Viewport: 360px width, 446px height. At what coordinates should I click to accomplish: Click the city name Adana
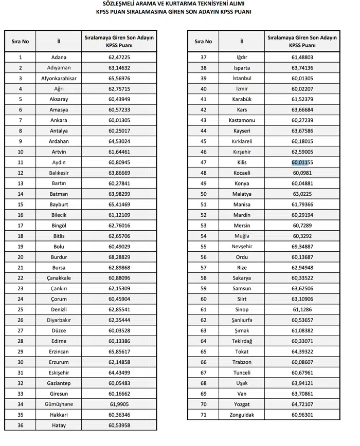[x=59, y=58]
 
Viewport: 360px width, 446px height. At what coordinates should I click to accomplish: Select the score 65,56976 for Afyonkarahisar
[x=119, y=79]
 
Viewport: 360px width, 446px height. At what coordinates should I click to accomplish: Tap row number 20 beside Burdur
[x=20, y=257]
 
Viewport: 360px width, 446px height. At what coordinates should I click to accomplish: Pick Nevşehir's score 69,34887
[x=302, y=247]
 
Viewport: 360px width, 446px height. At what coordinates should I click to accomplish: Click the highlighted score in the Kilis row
[x=302, y=162]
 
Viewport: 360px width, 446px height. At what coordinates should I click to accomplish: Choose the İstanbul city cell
[x=242, y=78]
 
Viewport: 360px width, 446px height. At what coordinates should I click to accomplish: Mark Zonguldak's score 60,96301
[x=302, y=415]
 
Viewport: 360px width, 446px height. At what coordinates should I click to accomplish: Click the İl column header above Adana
[x=59, y=41]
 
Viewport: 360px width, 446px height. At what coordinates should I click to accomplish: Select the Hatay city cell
[x=59, y=425]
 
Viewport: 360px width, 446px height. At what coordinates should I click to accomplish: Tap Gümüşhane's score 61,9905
[x=119, y=404]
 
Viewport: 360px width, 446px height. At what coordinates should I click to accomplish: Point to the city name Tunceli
[x=242, y=373]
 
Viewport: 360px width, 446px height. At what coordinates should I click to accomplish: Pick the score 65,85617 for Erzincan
[x=119, y=351]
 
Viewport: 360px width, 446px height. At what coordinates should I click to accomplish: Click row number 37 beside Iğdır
[x=203, y=57]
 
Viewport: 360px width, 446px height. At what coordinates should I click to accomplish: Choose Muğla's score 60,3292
[x=302, y=236]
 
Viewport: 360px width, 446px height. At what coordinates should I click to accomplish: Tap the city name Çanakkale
[x=59, y=278]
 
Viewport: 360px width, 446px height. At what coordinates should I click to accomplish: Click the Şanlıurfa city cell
[x=242, y=320]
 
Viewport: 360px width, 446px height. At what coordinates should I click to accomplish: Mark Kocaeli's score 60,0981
[x=302, y=173]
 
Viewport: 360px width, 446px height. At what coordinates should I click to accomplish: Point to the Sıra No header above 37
[x=203, y=41]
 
